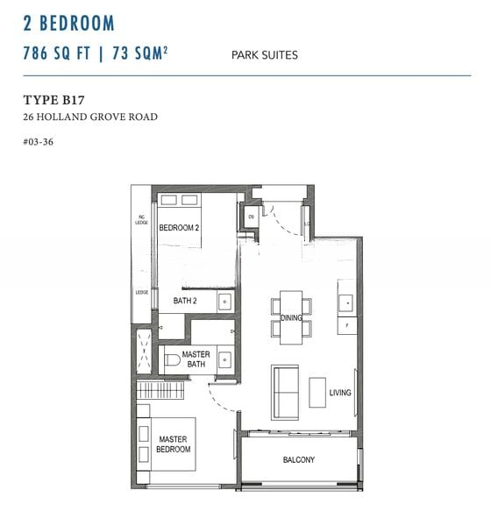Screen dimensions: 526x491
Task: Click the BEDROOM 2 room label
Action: click(x=180, y=228)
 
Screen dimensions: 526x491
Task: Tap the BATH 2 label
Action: click(x=184, y=302)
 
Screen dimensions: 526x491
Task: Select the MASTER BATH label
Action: click(x=196, y=359)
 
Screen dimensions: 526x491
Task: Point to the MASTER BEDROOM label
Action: click(x=174, y=444)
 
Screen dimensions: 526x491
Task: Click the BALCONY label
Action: click(x=298, y=460)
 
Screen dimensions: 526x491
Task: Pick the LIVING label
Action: click(x=340, y=393)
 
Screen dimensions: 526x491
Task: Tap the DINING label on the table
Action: click(x=292, y=318)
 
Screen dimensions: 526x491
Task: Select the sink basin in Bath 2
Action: click(x=225, y=302)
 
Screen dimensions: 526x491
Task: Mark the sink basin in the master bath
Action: click(x=225, y=359)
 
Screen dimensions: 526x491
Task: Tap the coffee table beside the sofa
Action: click(x=317, y=390)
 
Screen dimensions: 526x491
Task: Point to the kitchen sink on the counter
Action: click(x=347, y=302)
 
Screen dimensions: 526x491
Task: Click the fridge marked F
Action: click(x=347, y=325)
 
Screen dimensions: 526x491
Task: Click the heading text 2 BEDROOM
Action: click(x=69, y=23)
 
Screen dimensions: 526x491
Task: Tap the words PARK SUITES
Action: click(x=264, y=55)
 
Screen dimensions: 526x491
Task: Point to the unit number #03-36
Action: click(x=40, y=140)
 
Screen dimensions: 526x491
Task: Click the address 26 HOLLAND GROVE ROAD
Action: click(x=90, y=117)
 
